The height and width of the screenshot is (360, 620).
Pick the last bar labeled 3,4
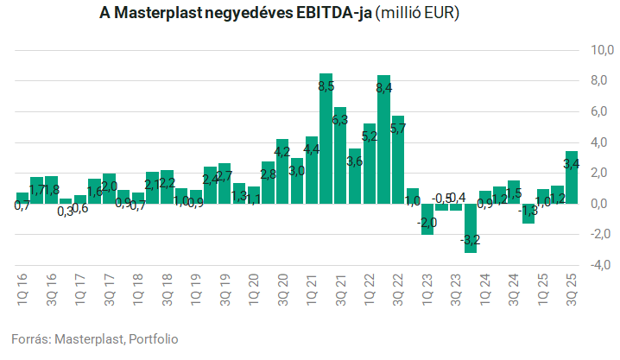click(x=572, y=177)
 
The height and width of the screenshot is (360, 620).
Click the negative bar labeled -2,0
click(x=427, y=218)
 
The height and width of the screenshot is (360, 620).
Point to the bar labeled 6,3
click(x=340, y=155)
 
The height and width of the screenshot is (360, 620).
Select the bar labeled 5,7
click(x=398, y=160)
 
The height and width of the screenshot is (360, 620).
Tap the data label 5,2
click(x=369, y=136)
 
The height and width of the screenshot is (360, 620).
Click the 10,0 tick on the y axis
click(x=595, y=50)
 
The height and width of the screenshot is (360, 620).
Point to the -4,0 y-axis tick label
click(x=595, y=265)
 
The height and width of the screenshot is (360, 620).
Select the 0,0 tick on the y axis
click(x=597, y=204)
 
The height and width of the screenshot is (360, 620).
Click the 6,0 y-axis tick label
click(x=597, y=111)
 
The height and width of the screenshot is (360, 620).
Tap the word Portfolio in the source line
click(x=153, y=338)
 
